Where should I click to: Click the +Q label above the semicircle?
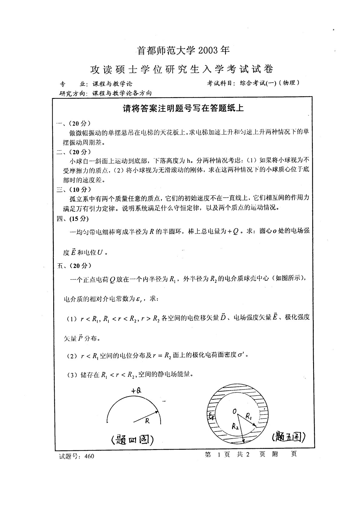pos(136,390)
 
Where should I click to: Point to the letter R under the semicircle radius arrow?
pos(147,420)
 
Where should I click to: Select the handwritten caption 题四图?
pos(132,440)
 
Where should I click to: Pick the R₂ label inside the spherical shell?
pos(235,426)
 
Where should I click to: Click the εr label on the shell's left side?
pos(211,417)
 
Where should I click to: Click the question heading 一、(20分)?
pos(74,123)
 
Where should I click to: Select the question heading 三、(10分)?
pos(74,190)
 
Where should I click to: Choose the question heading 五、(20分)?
pos(74,266)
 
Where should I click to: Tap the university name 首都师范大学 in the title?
pos(167,51)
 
